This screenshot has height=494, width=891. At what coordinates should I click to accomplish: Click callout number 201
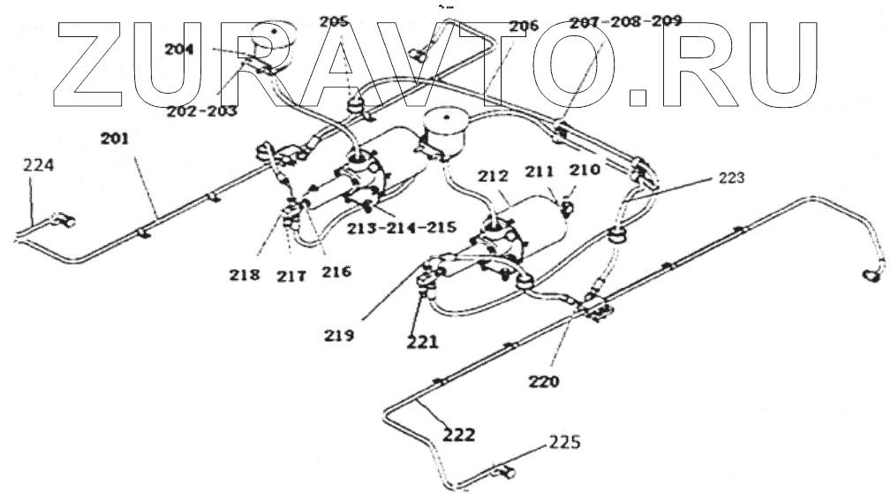pyautogui.click(x=115, y=138)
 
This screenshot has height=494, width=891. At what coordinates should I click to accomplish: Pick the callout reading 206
pyautogui.click(x=523, y=27)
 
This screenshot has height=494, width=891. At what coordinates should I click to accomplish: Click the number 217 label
pyautogui.click(x=291, y=276)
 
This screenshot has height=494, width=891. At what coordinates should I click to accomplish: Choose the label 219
pyautogui.click(x=339, y=335)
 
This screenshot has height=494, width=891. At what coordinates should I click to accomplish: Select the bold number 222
pyautogui.click(x=458, y=435)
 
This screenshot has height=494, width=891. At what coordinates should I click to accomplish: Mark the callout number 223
pyautogui.click(x=731, y=178)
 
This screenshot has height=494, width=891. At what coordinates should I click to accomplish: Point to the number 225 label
pyautogui.click(x=566, y=440)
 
